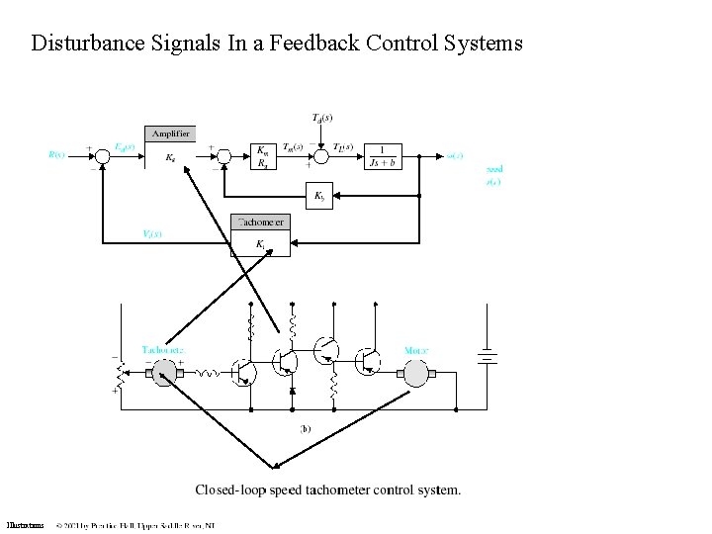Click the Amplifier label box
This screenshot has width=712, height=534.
(170, 133)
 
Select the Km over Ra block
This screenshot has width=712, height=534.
(262, 156)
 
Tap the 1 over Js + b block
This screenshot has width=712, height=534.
(382, 156)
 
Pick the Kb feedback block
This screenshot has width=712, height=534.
(318, 197)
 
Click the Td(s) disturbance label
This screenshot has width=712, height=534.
(321, 119)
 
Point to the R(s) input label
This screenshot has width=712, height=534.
(56, 154)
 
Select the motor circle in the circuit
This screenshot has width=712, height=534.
(415, 374)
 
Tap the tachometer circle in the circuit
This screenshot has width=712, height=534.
(163, 374)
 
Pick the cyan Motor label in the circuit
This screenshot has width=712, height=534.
(417, 350)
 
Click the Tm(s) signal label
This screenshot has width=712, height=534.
(294, 147)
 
